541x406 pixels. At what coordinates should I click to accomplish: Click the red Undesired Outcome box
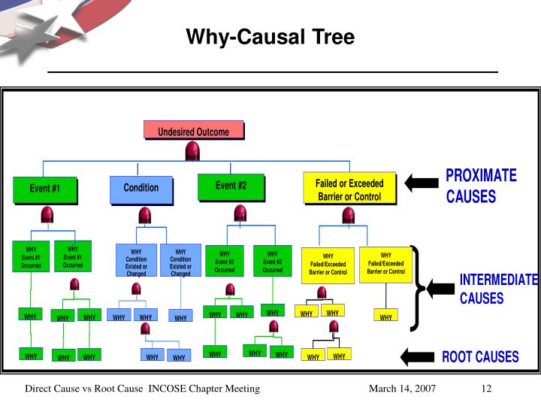(194, 132)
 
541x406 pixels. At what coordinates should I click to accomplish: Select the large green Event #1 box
(44, 189)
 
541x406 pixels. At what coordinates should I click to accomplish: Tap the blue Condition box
(141, 189)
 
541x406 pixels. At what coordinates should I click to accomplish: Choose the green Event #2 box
(231, 186)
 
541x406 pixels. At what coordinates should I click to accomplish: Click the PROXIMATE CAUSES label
(481, 186)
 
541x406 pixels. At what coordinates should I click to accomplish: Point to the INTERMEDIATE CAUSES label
(498, 289)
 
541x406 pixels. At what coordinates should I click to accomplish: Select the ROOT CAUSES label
(479, 356)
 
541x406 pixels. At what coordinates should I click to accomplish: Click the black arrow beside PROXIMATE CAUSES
(422, 183)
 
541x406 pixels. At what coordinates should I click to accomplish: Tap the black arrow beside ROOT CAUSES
(419, 356)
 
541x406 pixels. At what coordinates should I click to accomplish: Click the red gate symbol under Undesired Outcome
(192, 151)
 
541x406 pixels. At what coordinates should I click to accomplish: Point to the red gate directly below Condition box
(143, 217)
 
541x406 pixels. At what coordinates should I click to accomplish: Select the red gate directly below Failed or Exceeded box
(348, 216)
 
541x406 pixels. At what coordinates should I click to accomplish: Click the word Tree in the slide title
(334, 37)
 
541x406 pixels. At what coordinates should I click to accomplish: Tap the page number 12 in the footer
(486, 389)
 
